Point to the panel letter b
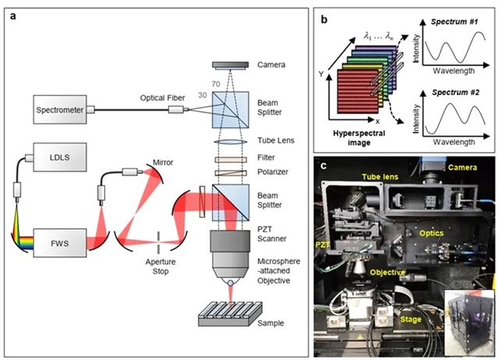pyautogui.click(x=323, y=14)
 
